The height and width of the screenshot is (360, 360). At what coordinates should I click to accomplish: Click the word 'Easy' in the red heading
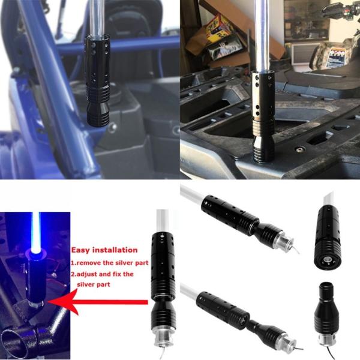80,250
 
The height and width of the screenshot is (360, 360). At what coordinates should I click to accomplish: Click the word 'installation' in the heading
115,250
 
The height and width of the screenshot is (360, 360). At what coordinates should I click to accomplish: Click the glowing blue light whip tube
36,231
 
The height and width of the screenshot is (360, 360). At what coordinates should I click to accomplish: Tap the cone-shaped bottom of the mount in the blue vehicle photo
98,115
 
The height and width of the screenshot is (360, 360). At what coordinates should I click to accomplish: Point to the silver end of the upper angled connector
284,242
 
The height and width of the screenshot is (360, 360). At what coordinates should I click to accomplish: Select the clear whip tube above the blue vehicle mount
97,18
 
